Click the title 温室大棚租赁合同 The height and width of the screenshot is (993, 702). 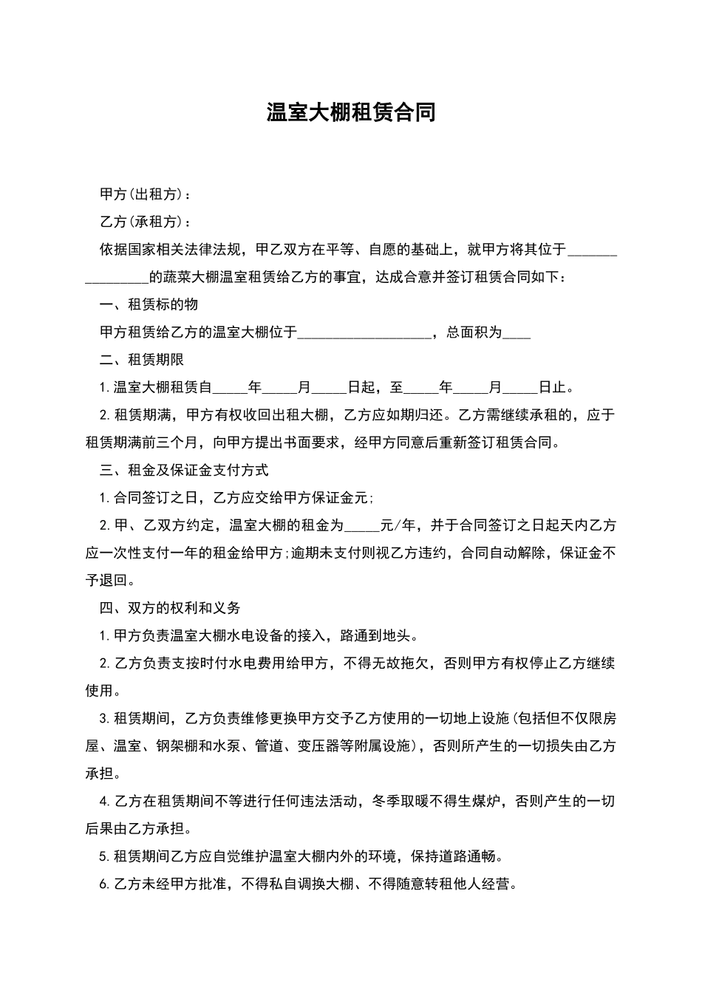coord(351,112)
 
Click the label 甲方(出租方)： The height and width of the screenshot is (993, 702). coord(146,194)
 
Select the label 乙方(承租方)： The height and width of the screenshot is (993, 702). coord(146,222)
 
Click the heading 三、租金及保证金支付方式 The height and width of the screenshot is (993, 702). coord(184,470)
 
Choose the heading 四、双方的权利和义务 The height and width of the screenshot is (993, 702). coord(170,608)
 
